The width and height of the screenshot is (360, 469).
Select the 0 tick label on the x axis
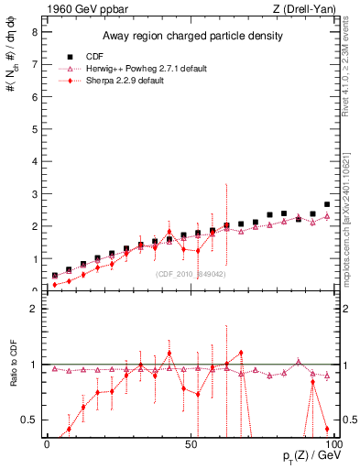(x=47, y=442)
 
